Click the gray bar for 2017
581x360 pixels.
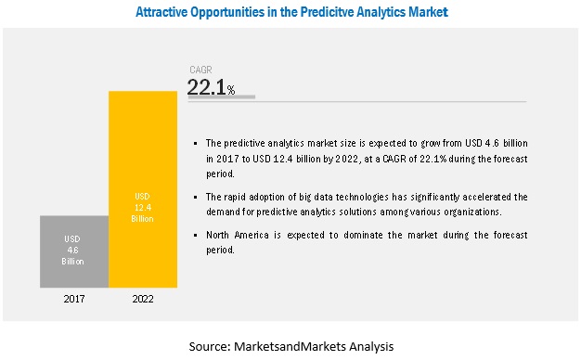74,251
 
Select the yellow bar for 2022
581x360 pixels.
143,189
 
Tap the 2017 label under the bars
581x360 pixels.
74,299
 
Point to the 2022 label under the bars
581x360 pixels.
143,299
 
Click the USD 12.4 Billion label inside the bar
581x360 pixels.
142,208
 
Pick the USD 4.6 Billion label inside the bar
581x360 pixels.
72,250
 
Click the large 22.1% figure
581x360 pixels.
211,87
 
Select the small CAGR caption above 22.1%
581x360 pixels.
200,70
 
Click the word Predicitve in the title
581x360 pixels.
326,12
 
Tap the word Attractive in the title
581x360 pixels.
161,12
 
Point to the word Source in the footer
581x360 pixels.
210,346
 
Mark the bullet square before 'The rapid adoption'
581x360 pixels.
196,198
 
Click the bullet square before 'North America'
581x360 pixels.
196,236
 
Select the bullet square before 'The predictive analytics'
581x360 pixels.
196,143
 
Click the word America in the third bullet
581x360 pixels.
252,235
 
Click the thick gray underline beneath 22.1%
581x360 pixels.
222,97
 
